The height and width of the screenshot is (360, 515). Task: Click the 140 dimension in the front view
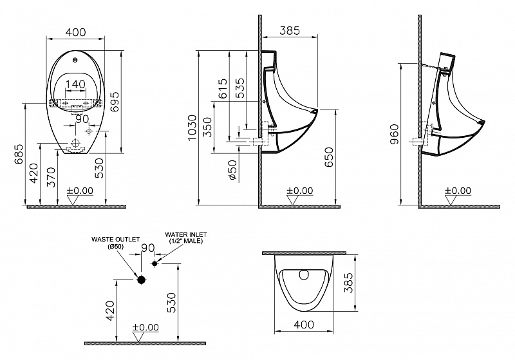(76, 84)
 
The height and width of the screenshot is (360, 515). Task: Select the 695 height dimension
(115, 100)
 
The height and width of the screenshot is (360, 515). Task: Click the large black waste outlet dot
(141, 279)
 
